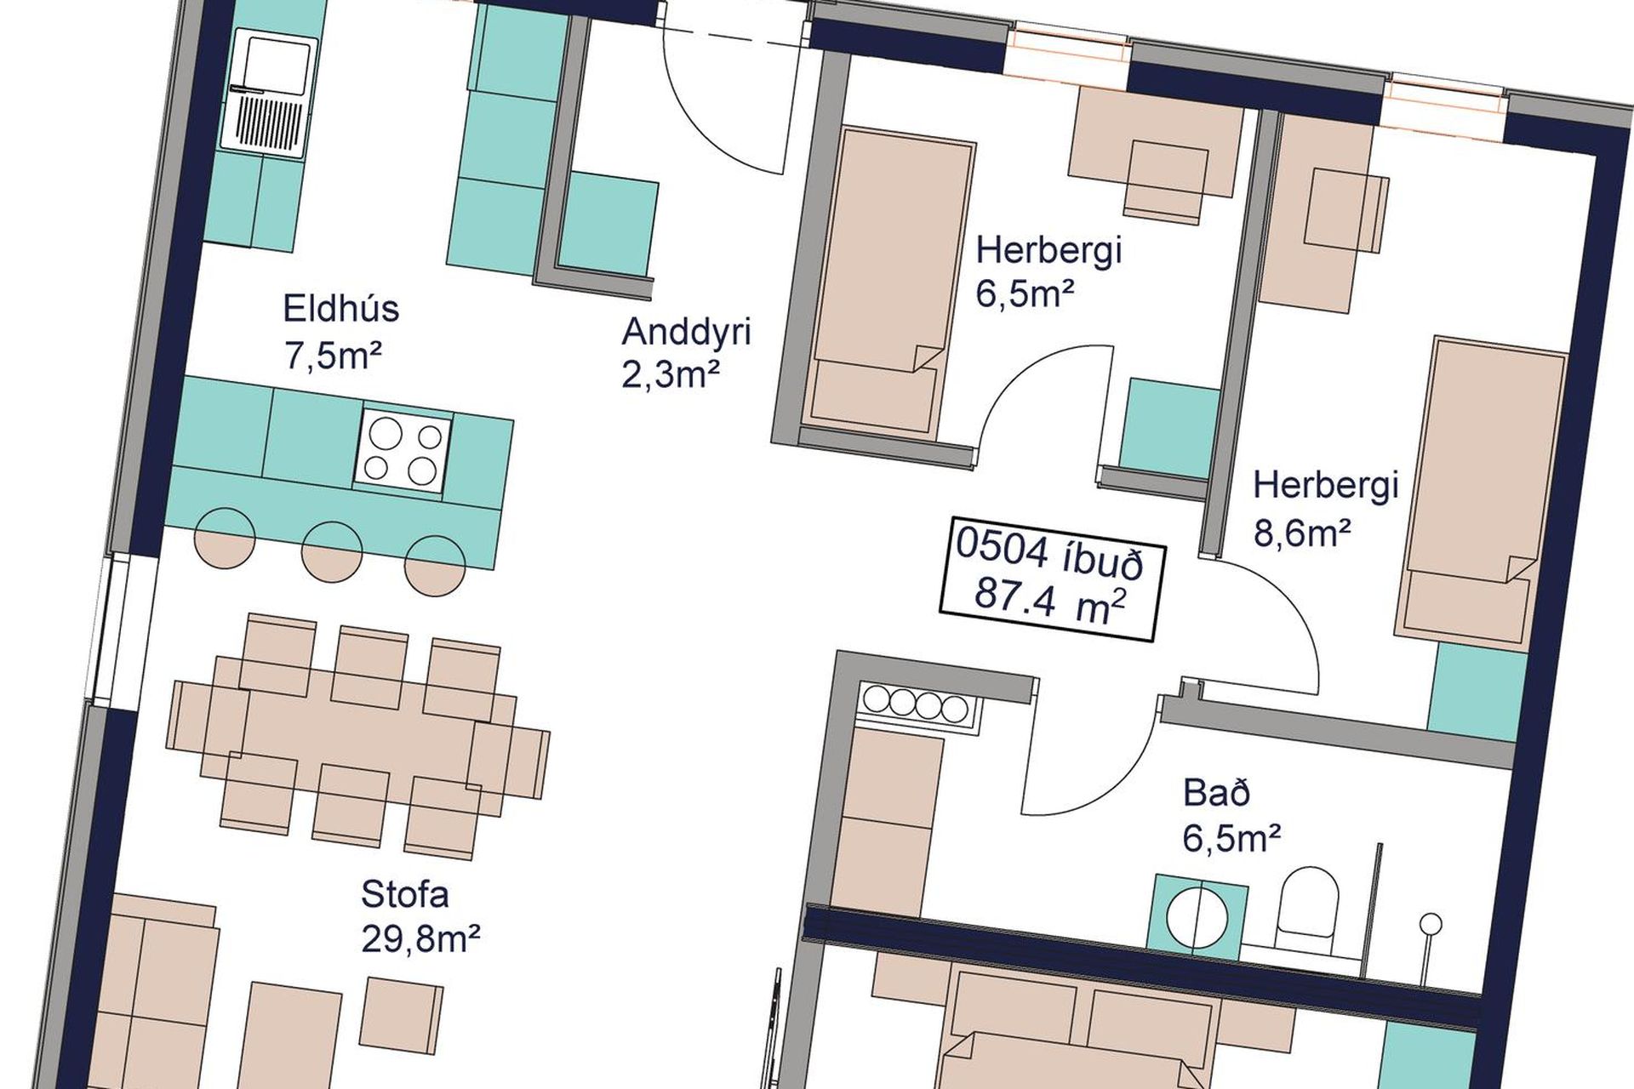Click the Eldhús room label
[x=340, y=308]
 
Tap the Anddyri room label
[x=686, y=332]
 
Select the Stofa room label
[x=405, y=895]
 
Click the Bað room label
[x=1217, y=793]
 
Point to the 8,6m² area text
[x=1303, y=533]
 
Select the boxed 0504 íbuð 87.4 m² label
[x=1048, y=576]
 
